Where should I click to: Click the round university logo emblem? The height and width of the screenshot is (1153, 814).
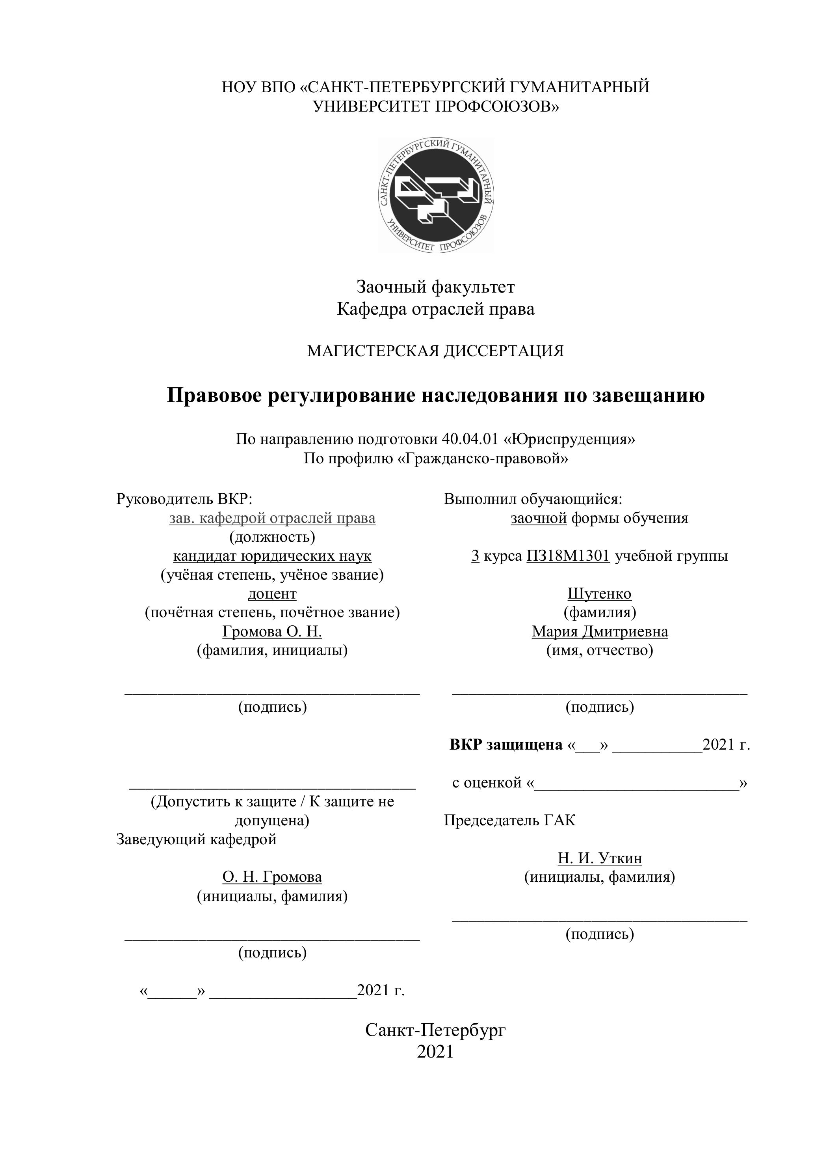(436, 195)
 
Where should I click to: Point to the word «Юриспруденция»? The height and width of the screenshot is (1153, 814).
(569, 439)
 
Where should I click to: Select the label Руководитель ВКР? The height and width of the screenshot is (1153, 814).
(184, 499)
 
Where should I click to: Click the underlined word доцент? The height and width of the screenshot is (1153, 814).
(272, 593)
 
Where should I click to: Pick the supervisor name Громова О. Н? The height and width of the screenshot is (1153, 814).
(272, 631)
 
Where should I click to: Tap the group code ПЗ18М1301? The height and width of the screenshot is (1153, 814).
(568, 556)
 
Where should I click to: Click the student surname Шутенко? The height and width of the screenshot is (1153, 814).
(599, 593)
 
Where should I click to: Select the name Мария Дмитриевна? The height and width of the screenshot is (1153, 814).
(600, 631)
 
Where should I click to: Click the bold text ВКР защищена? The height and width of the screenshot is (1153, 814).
(506, 744)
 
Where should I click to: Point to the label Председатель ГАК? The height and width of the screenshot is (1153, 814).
(509, 821)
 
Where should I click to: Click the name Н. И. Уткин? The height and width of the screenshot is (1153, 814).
(600, 858)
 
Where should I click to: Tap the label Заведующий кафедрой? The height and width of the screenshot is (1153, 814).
(196, 839)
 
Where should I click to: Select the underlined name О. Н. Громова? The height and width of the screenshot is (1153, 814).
(272, 877)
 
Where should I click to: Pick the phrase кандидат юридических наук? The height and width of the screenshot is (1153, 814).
(272, 556)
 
